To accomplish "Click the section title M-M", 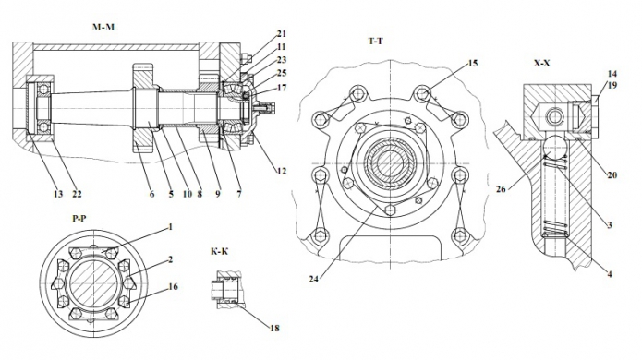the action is (x=103, y=28).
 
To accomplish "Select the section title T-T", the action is (x=375, y=41).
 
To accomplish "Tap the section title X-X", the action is (x=542, y=64).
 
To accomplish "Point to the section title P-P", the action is (x=79, y=219).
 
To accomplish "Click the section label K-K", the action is (x=220, y=251).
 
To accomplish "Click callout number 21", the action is (x=282, y=34).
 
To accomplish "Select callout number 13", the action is (x=58, y=194).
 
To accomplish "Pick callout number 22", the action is (x=77, y=194).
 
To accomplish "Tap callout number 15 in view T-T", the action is (x=473, y=64).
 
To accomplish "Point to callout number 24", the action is (x=314, y=279).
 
